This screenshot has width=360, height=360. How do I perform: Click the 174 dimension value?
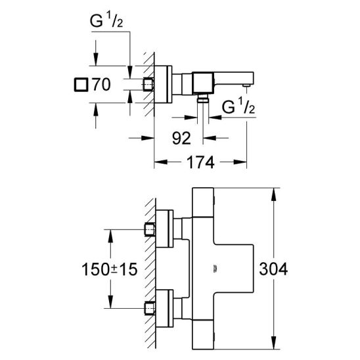pyautogui.click(x=200, y=162)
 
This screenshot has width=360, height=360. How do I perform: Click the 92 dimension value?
pyautogui.click(x=181, y=138)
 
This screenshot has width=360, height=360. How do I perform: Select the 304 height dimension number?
pyautogui.click(x=273, y=269)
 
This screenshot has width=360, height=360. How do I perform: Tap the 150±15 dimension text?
pyautogui.click(x=110, y=269)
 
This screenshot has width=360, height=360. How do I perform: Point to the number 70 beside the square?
pyautogui.click(x=101, y=84)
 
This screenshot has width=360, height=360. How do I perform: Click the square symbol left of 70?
pyautogui.click(x=81, y=85)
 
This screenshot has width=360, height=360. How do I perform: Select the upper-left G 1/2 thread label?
pyautogui.click(x=106, y=21)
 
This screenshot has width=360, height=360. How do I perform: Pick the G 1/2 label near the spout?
pyautogui.click(x=238, y=106)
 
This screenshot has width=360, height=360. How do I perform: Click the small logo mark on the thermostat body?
pyautogui.click(x=215, y=269)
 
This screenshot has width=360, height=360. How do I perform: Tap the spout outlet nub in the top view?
pyautogui.click(x=246, y=85)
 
